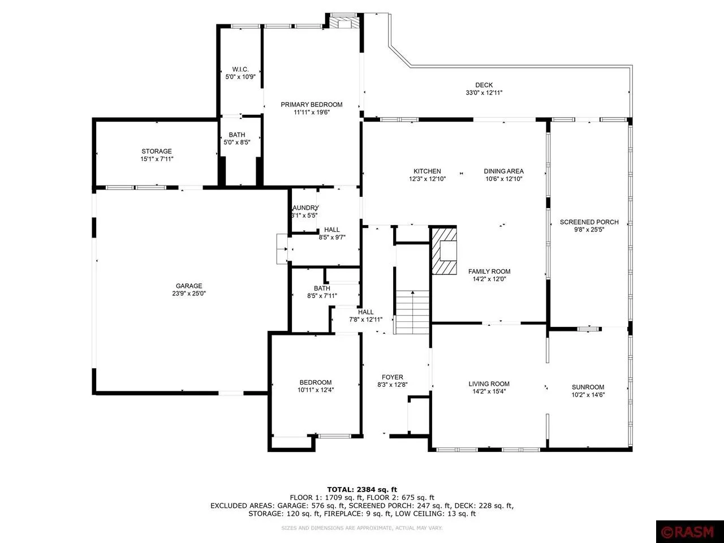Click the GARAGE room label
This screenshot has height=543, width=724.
pyautogui.click(x=188, y=286)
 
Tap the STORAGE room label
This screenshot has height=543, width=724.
pyautogui.click(x=157, y=152)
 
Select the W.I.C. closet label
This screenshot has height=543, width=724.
pyautogui.click(x=240, y=69)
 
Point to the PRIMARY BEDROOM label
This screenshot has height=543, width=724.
pyautogui.click(x=312, y=105)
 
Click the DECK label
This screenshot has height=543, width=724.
pyautogui.click(x=484, y=85)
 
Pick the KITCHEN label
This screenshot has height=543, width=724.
pyautogui.click(x=427, y=171)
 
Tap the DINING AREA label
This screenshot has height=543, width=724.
pyautogui.click(x=503, y=171)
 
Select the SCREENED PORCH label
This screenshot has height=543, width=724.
pyautogui.click(x=589, y=222)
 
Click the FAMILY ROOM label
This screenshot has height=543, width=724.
pyautogui.click(x=489, y=271)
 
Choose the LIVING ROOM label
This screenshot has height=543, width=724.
pyautogui.click(x=489, y=384)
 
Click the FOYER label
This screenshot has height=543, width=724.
pyautogui.click(x=393, y=377)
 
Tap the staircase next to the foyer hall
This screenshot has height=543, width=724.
pyautogui.click(x=412, y=312)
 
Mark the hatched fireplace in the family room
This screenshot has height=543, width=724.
pyautogui.click(x=444, y=251)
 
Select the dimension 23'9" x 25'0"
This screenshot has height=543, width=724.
pyautogui.click(x=188, y=294)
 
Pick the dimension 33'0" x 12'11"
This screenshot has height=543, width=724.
pyautogui.click(x=484, y=93)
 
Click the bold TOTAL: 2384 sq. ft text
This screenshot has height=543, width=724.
pyautogui.click(x=362, y=489)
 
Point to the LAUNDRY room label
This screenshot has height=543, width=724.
pyautogui.click(x=305, y=208)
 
